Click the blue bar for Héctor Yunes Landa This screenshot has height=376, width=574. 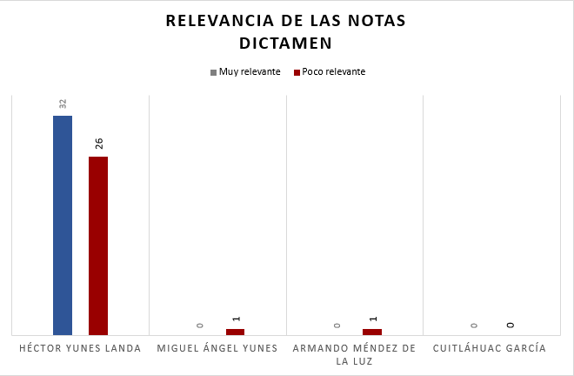click(x=63, y=225)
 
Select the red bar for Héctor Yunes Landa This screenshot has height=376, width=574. click(x=98, y=245)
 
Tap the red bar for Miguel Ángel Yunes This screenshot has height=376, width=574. click(x=235, y=332)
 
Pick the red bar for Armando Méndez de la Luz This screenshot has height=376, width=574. click(x=372, y=332)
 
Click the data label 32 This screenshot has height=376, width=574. click(x=63, y=104)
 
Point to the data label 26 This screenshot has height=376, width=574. click(x=98, y=144)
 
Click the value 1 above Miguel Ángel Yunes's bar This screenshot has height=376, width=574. click(x=236, y=319)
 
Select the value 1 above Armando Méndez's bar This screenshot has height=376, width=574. click(x=372, y=319)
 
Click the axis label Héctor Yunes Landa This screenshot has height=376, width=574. click(x=80, y=349)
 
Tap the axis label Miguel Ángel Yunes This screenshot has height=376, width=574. click(x=217, y=349)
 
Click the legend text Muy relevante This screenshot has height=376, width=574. click(x=250, y=72)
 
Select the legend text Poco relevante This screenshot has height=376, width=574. click(x=333, y=72)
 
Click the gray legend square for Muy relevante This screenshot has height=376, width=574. click(x=213, y=72)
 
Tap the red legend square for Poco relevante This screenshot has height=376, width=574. click(x=297, y=72)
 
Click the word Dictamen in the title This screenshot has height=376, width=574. click(x=286, y=43)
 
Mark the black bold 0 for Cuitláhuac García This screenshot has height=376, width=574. click(x=511, y=325)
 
